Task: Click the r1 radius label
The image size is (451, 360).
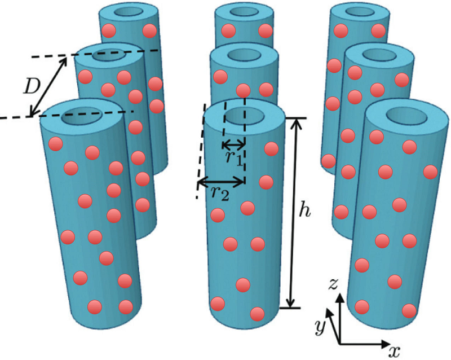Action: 234,157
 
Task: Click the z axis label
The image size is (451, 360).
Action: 334,284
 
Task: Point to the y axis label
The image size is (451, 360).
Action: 320,326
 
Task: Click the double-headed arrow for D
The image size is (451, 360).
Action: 49,86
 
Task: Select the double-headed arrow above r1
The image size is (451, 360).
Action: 234,143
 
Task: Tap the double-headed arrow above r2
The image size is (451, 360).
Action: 220,182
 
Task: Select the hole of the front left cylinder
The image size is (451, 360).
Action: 79,117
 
